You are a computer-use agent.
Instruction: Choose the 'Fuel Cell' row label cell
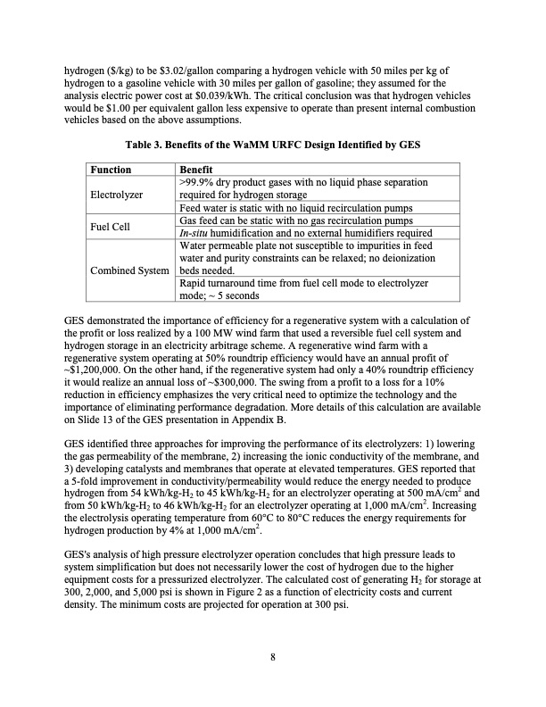112,227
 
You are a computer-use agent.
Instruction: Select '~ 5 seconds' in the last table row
234,295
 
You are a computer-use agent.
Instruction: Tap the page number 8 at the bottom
273,658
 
